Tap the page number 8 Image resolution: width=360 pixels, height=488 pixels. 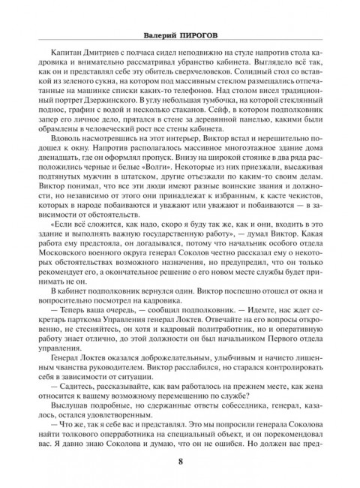coord(180,461)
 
